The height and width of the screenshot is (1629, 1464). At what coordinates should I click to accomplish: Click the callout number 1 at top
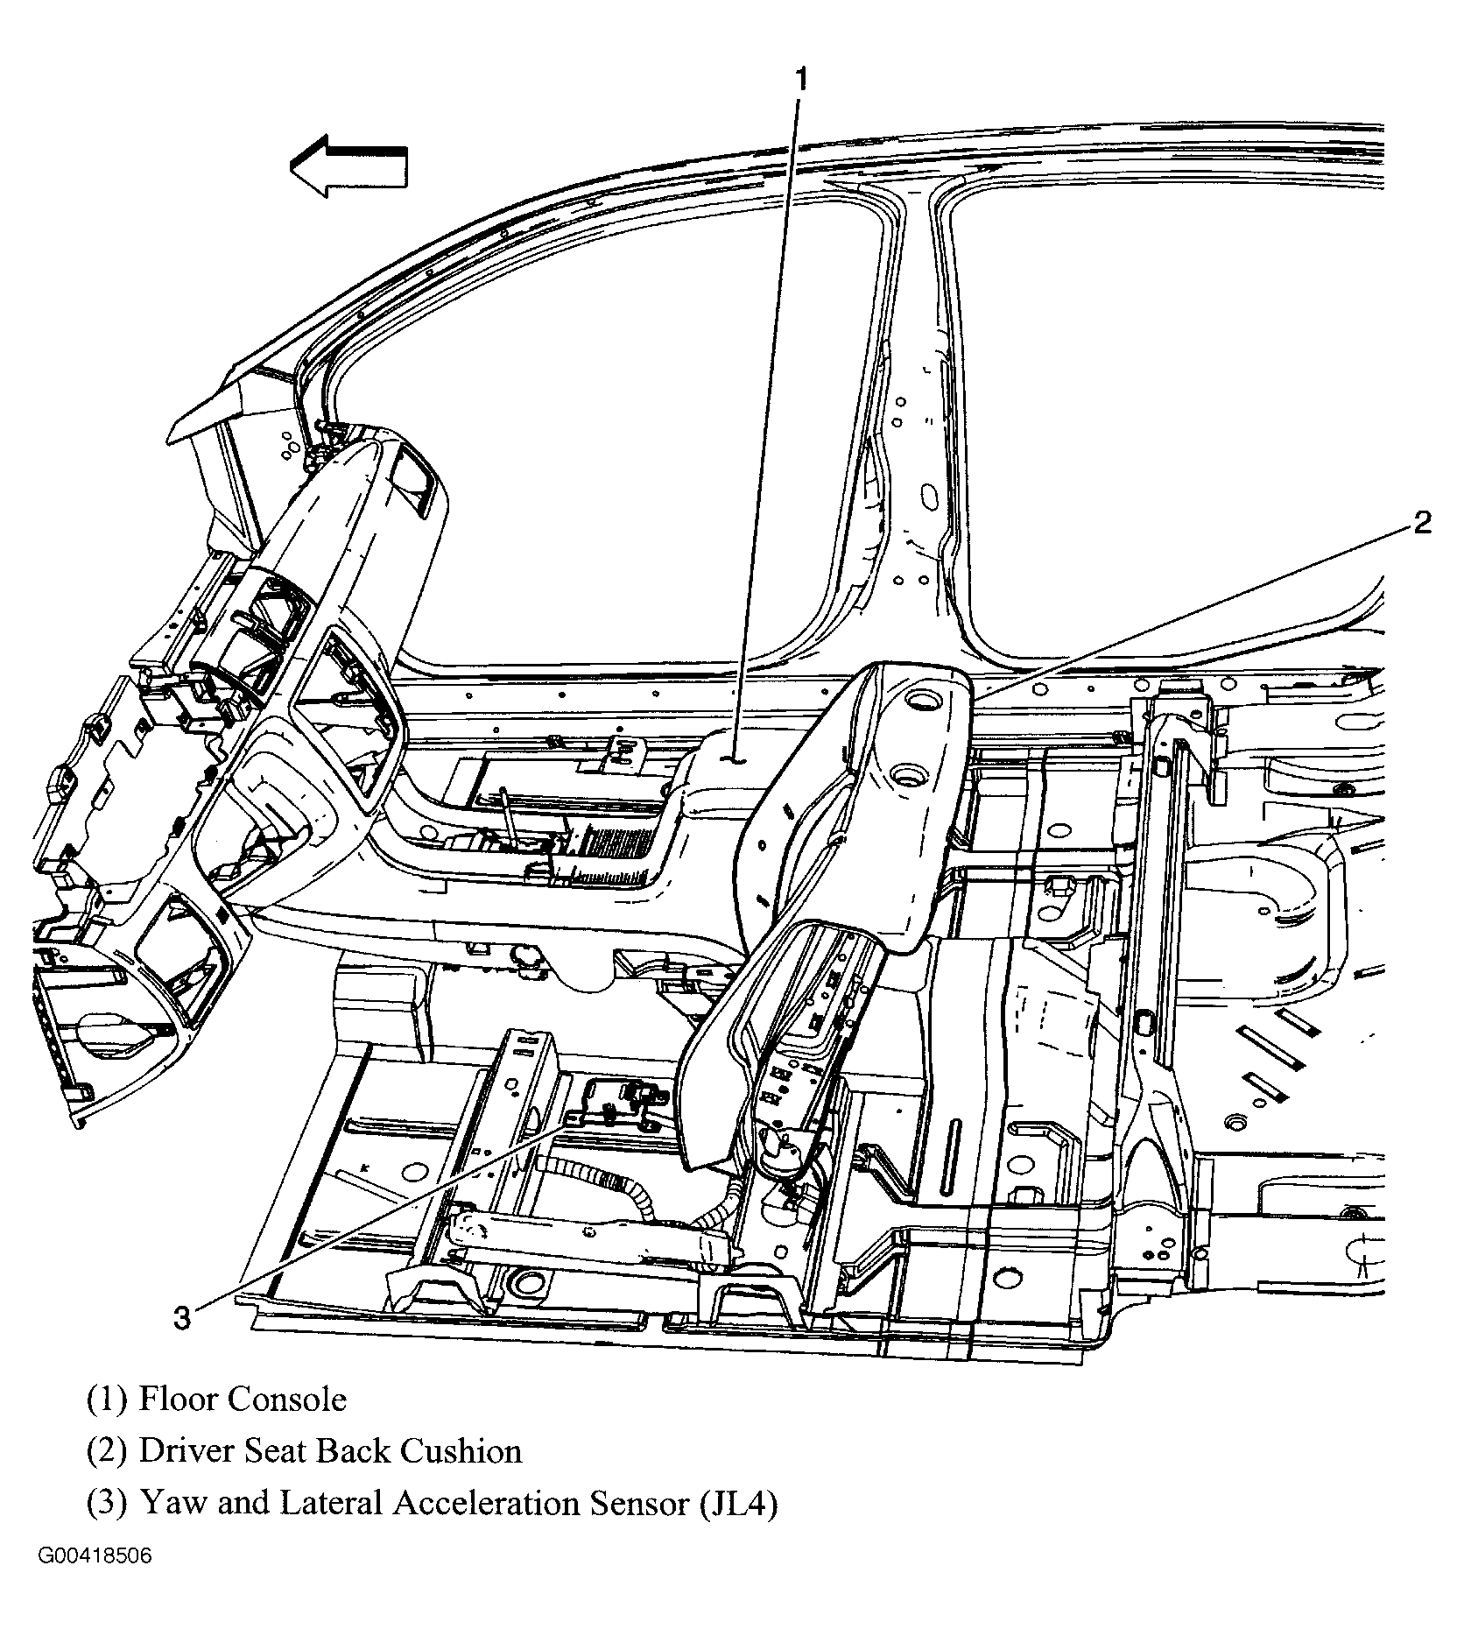tap(800, 81)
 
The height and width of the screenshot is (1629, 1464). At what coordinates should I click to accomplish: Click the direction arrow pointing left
tap(348, 166)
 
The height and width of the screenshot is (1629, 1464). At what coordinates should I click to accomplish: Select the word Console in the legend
tap(287, 1400)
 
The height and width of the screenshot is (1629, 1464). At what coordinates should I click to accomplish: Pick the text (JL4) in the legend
tap(738, 1504)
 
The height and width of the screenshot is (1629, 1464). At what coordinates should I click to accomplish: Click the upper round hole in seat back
tap(921, 700)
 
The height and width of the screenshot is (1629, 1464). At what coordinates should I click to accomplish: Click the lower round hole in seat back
tap(907, 774)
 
